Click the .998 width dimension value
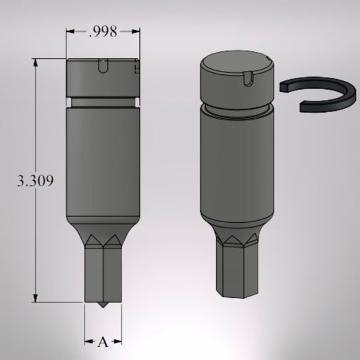(x=103, y=32)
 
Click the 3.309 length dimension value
(x=35, y=180)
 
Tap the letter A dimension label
(x=103, y=342)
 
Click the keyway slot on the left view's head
(x=103, y=66)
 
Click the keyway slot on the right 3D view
(x=248, y=79)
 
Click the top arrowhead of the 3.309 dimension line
(x=35, y=63)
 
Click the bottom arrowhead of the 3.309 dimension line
(x=35, y=298)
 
